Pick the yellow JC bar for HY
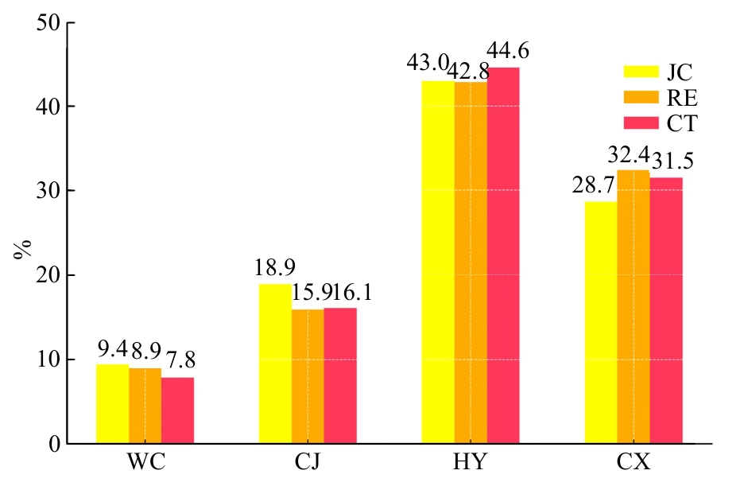click(x=438, y=262)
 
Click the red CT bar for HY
click(x=503, y=255)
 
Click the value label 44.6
click(x=508, y=52)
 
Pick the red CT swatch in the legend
click(x=640, y=122)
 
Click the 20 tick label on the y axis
click(x=49, y=275)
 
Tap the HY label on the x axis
click(x=471, y=463)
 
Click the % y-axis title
click(x=21, y=250)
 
